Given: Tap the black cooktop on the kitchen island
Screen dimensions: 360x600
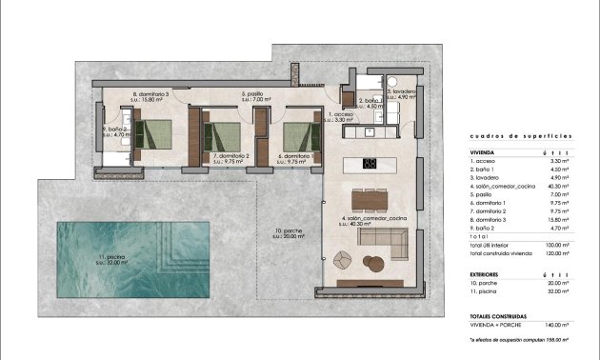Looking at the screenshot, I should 370,163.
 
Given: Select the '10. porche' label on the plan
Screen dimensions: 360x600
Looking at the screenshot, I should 285,233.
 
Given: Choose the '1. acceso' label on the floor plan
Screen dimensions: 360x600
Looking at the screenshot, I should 341,115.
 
